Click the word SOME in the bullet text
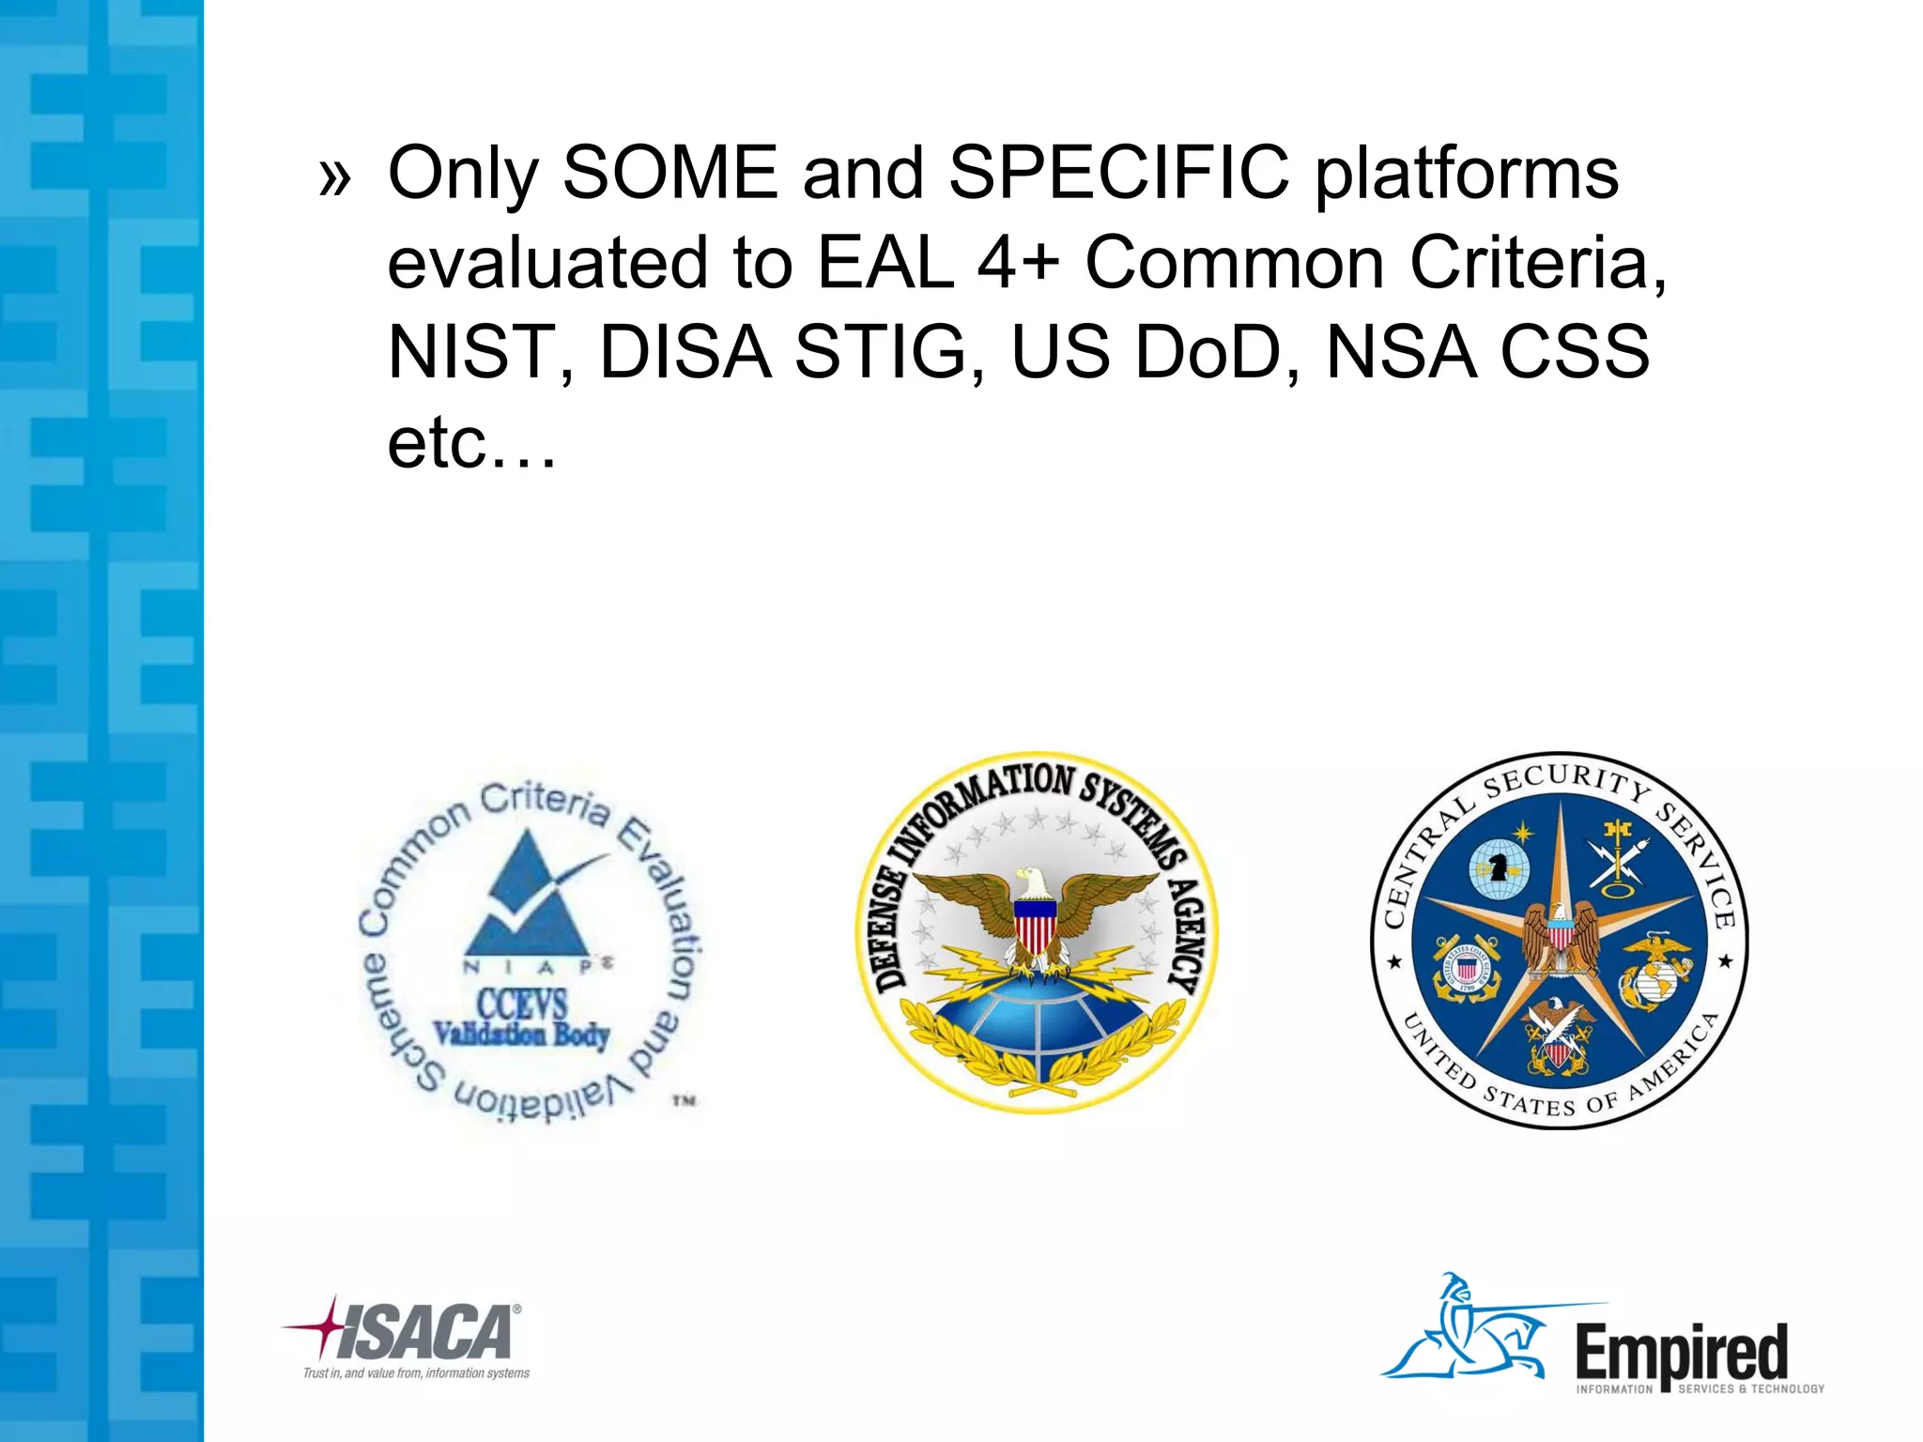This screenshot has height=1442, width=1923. coord(669,173)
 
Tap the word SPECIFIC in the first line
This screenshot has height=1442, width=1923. coord(1118,173)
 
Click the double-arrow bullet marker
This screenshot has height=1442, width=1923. coord(334,177)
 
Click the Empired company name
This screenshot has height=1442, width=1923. coord(1681,1353)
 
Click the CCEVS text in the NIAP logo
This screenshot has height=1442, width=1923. coord(521,1004)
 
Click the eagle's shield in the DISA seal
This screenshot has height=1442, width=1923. coord(1035,924)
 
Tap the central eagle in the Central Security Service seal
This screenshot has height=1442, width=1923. coord(1560,939)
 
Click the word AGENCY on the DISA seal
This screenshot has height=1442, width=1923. coord(1187,934)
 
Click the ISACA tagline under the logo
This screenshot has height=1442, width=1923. coord(416,1373)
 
